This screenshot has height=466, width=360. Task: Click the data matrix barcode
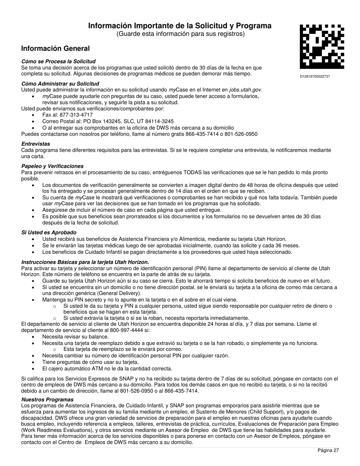tap(322, 46)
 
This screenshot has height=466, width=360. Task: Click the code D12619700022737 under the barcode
tap(315, 77)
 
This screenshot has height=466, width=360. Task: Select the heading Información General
tap(55, 48)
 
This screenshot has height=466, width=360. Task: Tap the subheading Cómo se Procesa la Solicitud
tap(58, 61)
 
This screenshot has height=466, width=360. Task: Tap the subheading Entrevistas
tap(36, 144)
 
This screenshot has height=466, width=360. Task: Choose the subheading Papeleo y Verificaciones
tap(52, 166)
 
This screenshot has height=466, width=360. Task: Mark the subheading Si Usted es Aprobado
tap(49, 233)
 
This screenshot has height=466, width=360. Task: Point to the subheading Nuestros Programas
tap(47, 400)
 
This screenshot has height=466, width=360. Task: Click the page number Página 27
tap(328, 450)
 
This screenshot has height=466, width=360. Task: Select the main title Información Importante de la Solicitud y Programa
tap(180, 26)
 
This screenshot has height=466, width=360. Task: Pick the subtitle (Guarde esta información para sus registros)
tap(180, 34)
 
